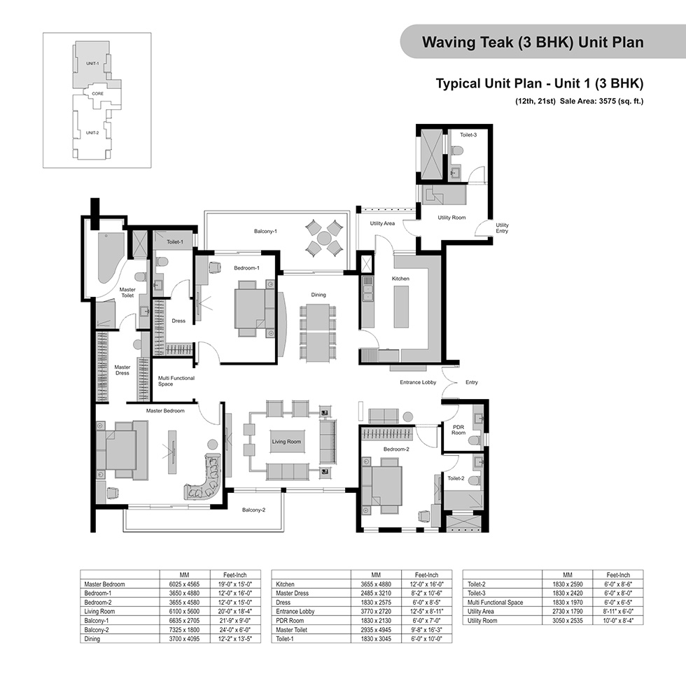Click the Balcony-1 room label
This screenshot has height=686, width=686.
(x=265, y=231)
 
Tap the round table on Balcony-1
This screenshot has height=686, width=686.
(x=324, y=239)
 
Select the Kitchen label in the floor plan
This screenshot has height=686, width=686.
(x=400, y=279)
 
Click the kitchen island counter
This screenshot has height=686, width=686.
(x=401, y=307)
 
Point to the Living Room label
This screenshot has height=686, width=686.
(x=286, y=442)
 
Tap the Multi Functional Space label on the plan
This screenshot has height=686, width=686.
(x=176, y=381)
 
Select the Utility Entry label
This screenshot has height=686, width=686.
(x=502, y=228)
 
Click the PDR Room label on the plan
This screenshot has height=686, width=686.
(x=458, y=430)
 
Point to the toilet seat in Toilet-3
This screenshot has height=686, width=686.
(x=457, y=151)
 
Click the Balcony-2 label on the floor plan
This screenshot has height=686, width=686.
(x=253, y=510)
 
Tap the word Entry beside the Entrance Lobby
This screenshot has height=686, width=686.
(x=472, y=382)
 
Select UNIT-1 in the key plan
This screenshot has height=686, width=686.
(x=92, y=64)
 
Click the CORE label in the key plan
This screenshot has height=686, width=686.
(x=97, y=94)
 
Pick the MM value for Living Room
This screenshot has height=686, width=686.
(x=184, y=612)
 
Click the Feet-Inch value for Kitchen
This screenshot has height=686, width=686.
(x=426, y=584)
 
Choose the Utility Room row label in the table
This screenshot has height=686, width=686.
(x=482, y=620)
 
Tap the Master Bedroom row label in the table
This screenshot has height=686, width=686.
(x=104, y=584)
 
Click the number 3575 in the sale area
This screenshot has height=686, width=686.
(x=608, y=101)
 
